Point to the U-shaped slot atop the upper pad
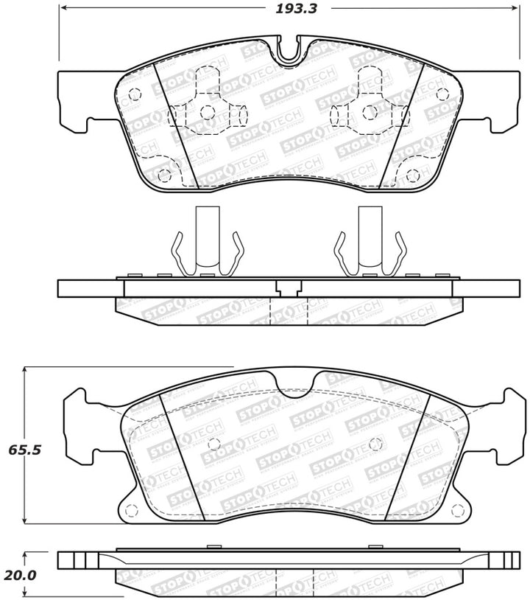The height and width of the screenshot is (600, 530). pos(290,49)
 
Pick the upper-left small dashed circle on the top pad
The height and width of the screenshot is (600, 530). pos(134,94)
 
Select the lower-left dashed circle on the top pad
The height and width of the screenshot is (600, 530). pos(164,175)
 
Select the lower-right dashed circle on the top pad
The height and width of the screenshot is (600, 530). pos(412,175)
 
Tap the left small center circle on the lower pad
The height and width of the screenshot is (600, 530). pos(213,444)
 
